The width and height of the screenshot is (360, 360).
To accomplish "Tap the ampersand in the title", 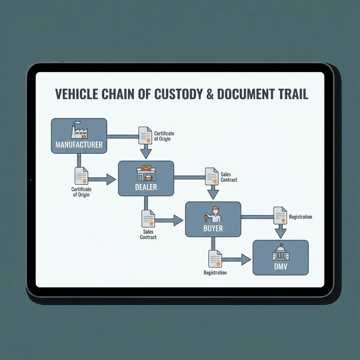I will tap(210, 94).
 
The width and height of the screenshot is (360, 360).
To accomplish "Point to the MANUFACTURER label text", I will tap(79, 145).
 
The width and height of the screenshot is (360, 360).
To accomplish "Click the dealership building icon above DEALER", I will tap(146, 173).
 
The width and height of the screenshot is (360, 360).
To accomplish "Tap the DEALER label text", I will tap(146, 187).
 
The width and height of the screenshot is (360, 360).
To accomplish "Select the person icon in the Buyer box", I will tap(213, 214).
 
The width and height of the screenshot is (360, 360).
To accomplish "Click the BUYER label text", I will tap(213, 229).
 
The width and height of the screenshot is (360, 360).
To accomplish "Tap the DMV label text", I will tap(281, 267).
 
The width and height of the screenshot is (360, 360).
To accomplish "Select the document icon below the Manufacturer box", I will tap(81, 176).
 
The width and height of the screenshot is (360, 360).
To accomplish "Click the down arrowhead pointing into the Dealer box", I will tap(146, 154).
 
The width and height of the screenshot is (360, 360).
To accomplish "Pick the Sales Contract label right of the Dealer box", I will tap(229, 177).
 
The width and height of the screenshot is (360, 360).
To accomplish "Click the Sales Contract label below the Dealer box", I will tap(148, 234).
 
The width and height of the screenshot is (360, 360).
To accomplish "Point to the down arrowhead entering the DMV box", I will tap(280, 233).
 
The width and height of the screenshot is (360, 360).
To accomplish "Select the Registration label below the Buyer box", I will tap(215, 273).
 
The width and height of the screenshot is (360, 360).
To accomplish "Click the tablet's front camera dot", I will tap(31, 180).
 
